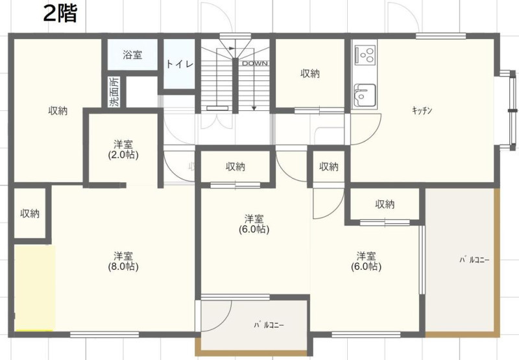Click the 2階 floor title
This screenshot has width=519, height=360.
coord(60,14)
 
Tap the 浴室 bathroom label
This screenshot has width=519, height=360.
coord(132,54)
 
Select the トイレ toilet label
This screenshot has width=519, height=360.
coord(180,64)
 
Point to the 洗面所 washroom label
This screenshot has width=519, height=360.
coord(115,92)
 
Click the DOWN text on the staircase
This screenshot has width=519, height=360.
coord(254,63)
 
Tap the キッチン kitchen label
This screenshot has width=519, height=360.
coord(422,110)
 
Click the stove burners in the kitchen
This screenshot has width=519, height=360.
coord(365,54)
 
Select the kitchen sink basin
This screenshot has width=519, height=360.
coord(365,95)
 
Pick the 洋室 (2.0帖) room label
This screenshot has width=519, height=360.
coord(123,150)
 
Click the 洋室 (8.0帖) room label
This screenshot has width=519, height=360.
coord(123,261)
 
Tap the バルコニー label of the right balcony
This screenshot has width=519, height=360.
coord(474,259)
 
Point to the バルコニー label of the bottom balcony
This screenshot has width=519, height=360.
coord(269,325)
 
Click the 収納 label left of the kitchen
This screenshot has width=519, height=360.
coord(310,73)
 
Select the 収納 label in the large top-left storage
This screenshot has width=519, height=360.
coord(58,110)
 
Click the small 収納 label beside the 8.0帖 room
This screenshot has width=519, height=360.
coord(30,213)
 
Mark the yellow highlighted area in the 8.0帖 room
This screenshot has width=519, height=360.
coord(34,287)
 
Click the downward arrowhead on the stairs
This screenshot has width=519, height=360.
coord(254,108)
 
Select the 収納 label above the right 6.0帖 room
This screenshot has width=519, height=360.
coord(385,204)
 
